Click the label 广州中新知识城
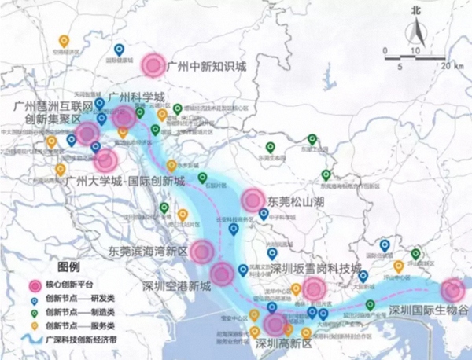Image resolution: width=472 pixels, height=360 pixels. coord(207,67)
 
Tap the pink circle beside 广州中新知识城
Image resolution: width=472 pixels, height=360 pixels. coord(154,64)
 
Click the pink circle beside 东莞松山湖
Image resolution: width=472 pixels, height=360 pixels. coord(253,200)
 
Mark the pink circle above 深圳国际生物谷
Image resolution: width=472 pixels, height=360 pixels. coord(452,290)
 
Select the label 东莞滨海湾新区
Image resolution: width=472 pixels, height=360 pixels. coord(149,252)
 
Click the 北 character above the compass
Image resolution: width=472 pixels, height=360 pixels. coord(416,11)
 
